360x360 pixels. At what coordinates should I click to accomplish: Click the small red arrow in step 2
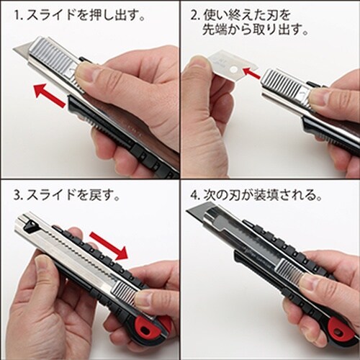(251, 71)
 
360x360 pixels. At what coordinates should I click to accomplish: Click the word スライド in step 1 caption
(50, 14)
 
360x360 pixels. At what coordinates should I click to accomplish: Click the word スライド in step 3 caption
(50, 195)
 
